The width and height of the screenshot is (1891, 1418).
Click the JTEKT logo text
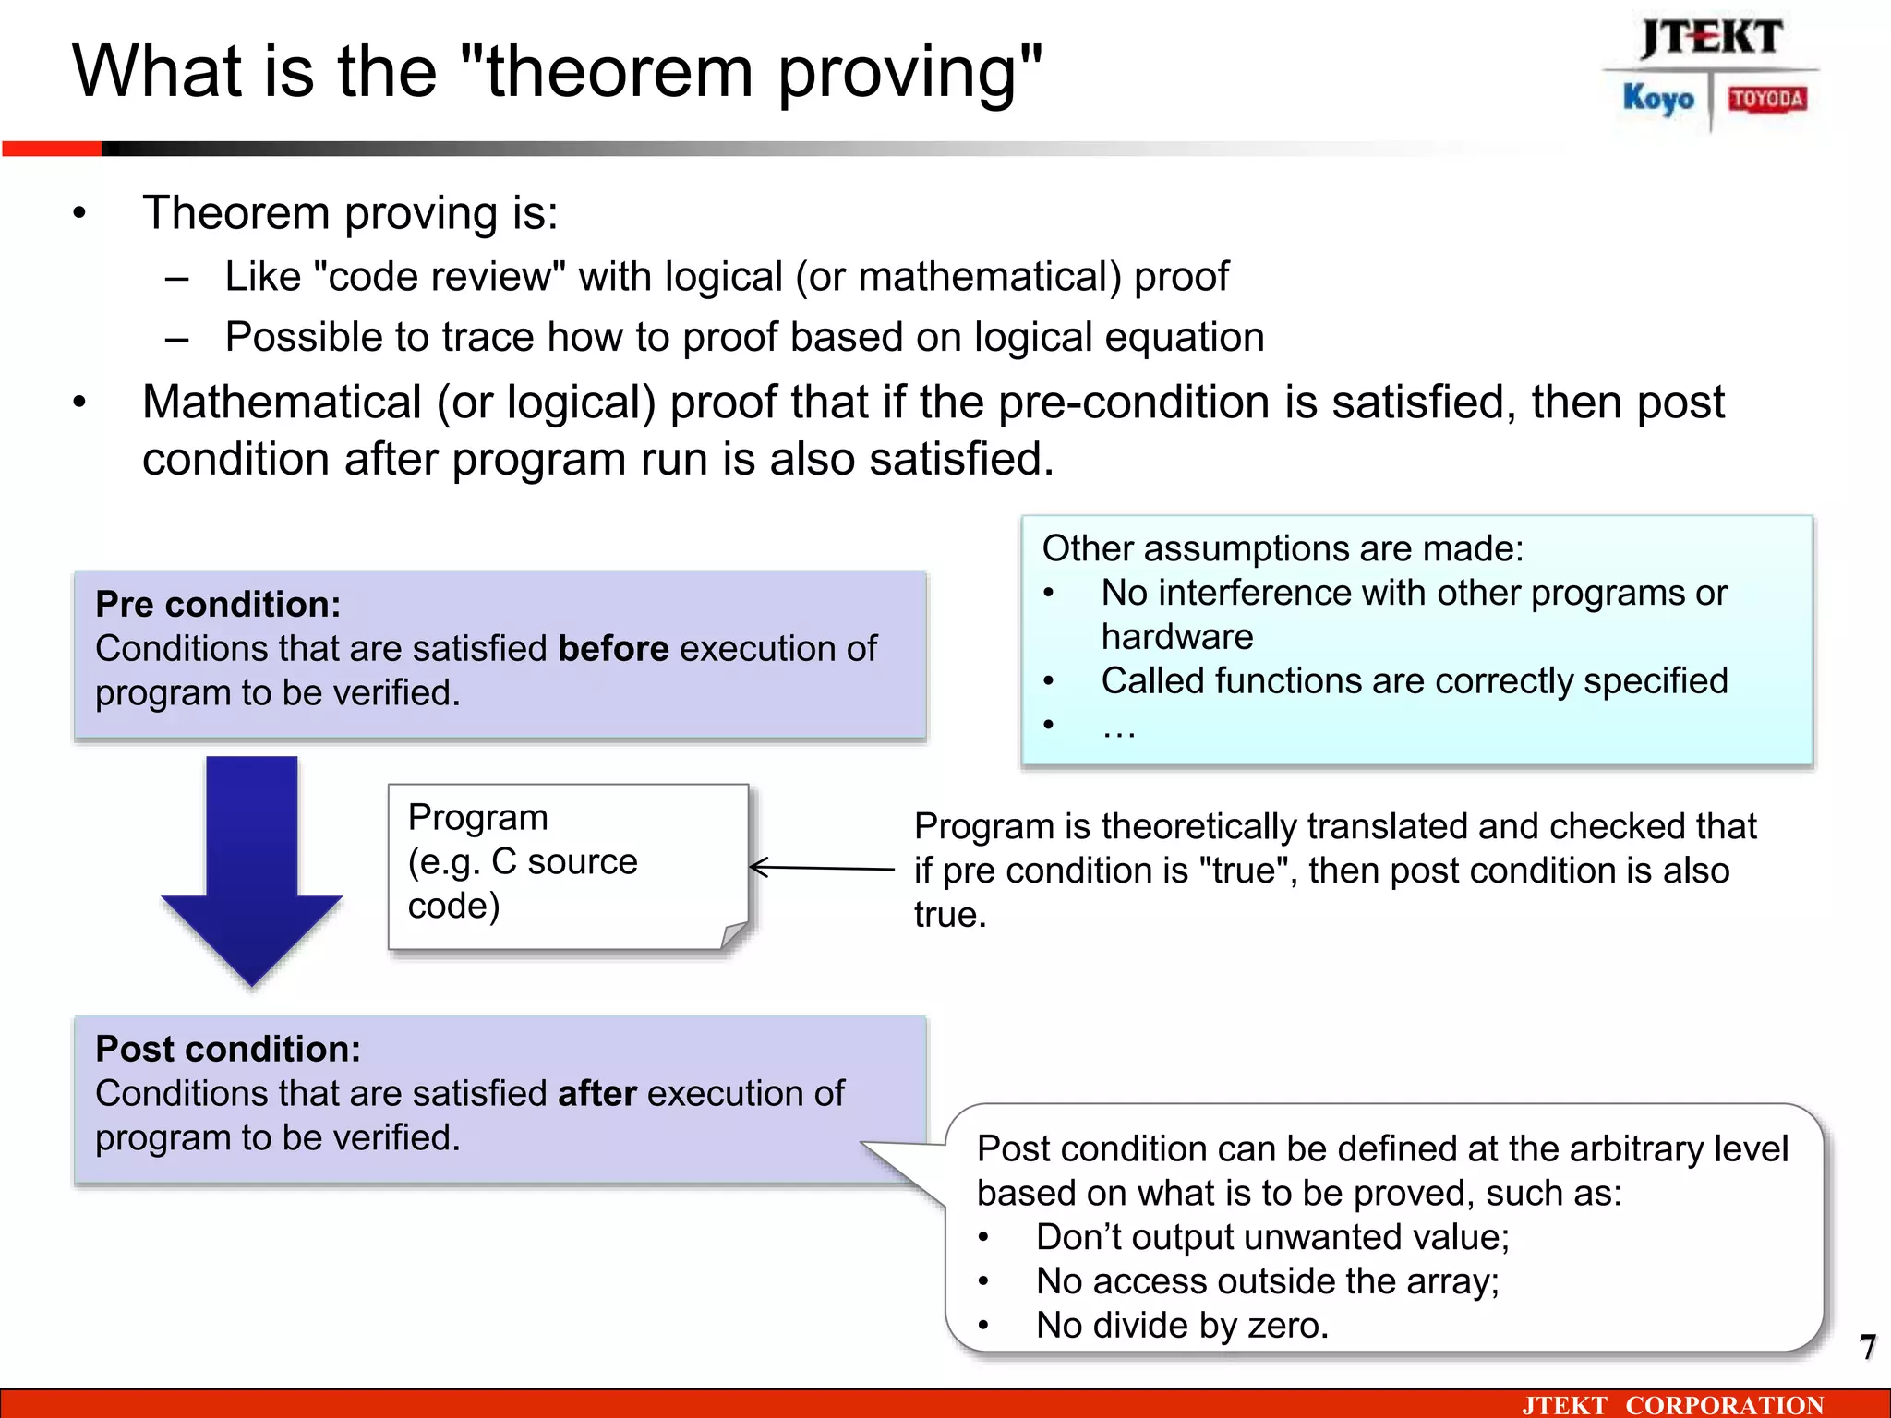[x=1711, y=39]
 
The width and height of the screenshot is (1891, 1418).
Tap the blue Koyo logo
[x=1658, y=99]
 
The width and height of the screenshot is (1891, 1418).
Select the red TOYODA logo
[x=1767, y=99]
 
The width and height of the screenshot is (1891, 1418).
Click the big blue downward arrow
[x=251, y=868]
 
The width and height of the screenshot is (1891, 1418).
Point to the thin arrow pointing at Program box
[x=822, y=868]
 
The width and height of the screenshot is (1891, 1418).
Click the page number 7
[x=1867, y=1347]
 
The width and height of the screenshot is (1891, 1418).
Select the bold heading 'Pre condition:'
[x=218, y=605]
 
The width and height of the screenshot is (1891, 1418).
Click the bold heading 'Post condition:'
[x=228, y=1050]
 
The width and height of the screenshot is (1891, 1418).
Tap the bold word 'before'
[x=613, y=649]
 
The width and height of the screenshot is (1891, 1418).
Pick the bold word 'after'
[x=597, y=1094]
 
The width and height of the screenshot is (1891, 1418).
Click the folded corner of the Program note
[x=735, y=935]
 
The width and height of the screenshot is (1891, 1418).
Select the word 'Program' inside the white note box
[x=477, y=818]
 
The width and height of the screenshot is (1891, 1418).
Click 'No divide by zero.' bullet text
[x=1182, y=1326]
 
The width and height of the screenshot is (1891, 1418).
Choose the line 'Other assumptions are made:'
[x=1283, y=549]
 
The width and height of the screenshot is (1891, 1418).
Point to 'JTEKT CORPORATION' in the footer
[x=1672, y=1405]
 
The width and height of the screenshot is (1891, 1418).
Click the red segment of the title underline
[x=52, y=149]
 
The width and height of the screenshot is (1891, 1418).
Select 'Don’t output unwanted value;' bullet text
[x=1272, y=1237]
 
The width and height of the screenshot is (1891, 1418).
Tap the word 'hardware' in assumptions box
[x=1177, y=637]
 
